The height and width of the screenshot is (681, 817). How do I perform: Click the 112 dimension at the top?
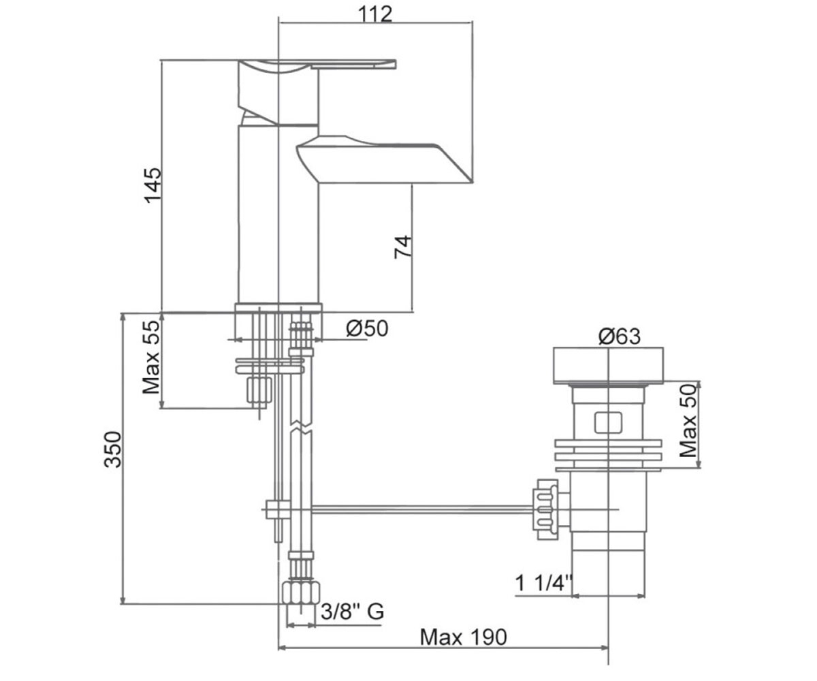(x=375, y=14)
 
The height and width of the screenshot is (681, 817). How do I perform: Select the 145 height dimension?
(x=153, y=185)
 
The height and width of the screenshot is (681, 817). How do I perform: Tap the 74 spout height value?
(x=403, y=247)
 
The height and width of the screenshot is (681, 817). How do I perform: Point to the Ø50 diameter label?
(x=367, y=328)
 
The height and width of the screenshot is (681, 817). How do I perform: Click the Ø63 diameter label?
(x=620, y=336)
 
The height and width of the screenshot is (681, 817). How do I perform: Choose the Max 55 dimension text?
(x=151, y=358)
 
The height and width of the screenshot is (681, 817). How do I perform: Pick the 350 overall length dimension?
(x=113, y=449)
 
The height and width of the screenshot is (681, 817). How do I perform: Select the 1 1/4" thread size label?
(x=544, y=583)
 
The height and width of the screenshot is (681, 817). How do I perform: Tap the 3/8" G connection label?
(x=352, y=612)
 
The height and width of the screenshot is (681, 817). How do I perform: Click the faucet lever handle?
(x=317, y=65)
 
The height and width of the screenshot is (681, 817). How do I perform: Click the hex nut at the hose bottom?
(x=300, y=593)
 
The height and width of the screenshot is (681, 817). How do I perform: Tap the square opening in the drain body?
(x=608, y=423)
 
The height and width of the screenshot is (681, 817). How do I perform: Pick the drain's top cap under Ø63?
(x=608, y=365)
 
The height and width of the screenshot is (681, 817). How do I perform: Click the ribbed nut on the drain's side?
(x=545, y=509)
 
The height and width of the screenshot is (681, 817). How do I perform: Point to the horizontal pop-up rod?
(x=422, y=509)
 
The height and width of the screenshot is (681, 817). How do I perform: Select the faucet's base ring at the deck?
(x=278, y=307)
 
